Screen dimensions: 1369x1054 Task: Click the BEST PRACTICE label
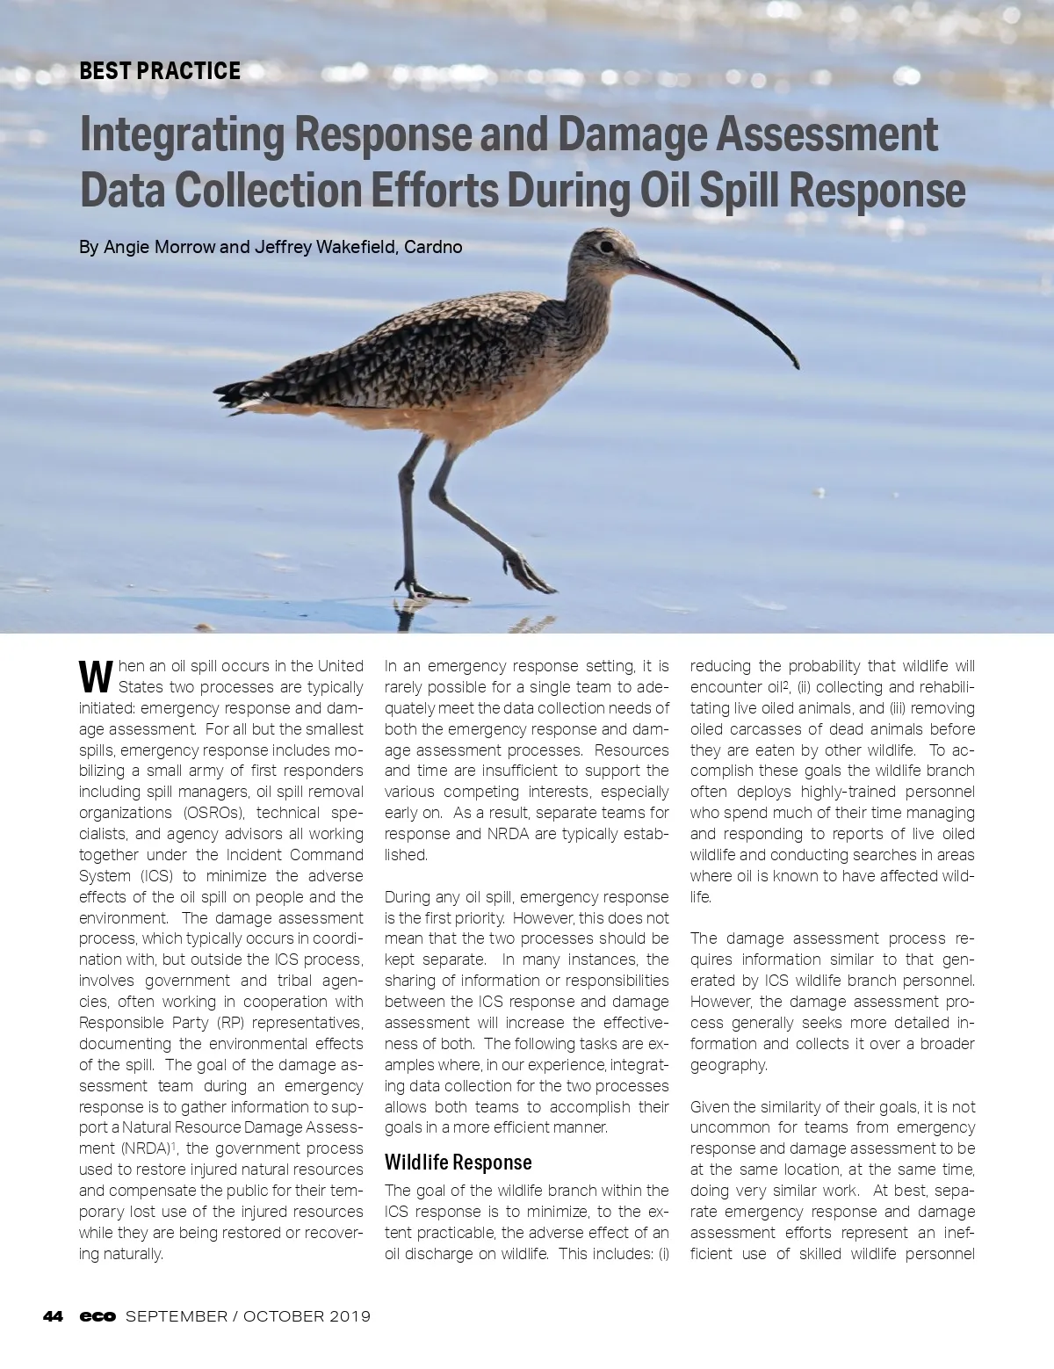(160, 71)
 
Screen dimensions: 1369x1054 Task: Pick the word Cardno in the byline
(433, 247)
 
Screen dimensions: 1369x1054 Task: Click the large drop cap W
(96, 676)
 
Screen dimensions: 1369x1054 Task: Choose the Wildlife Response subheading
(458, 1163)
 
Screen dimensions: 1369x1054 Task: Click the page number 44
(53, 1316)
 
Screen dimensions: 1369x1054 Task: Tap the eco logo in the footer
(97, 1316)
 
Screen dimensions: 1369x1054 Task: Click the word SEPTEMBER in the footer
(177, 1316)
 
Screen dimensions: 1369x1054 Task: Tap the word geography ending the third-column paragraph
(728, 1065)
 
